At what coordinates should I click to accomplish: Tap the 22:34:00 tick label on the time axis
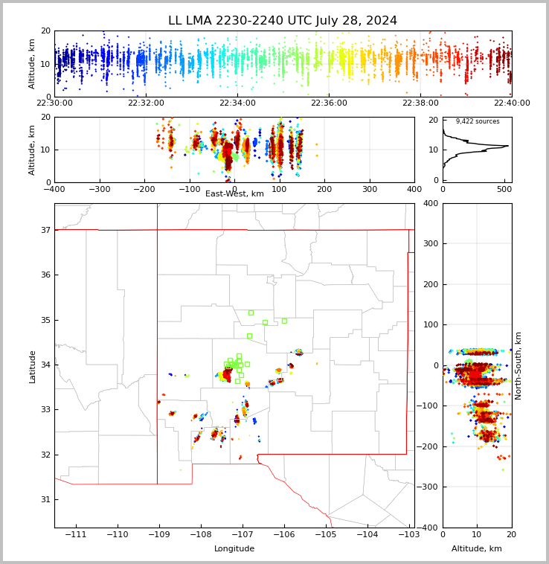[237, 103]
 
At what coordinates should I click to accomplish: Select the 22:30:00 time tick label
[55, 103]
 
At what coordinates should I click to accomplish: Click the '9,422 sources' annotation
[478, 121]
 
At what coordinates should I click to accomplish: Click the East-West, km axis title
[234, 194]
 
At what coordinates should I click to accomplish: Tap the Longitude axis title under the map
[234, 549]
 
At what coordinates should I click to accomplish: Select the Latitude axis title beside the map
[32, 366]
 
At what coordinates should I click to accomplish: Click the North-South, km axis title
[518, 365]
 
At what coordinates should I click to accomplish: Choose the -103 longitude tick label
[408, 535]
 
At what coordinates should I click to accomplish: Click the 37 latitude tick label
[45, 230]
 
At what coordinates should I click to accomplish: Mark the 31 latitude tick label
[45, 499]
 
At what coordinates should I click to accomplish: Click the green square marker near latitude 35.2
[251, 313]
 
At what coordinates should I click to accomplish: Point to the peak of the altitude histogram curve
[508, 146]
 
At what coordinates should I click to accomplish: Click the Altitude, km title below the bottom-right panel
[477, 549]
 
